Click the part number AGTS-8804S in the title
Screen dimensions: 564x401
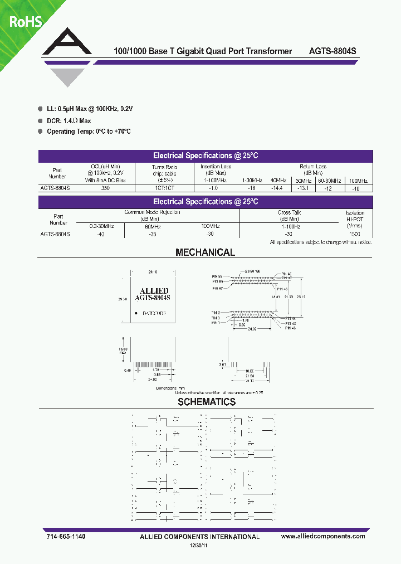point(332,51)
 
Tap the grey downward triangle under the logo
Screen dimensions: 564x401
point(66,78)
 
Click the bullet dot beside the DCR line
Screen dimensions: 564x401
point(40,121)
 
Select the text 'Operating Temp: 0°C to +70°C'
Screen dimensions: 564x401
point(89,132)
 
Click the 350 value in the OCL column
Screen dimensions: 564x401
point(105,188)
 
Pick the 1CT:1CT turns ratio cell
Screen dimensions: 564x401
point(164,188)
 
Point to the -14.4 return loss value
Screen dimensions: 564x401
point(276,188)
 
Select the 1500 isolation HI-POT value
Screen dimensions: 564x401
point(355,234)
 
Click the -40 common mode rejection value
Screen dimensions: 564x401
point(100,234)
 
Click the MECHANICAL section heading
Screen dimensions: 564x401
point(205,252)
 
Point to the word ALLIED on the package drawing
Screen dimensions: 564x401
point(151,291)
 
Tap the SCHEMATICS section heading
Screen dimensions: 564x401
point(207,402)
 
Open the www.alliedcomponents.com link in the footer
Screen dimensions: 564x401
point(323,536)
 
